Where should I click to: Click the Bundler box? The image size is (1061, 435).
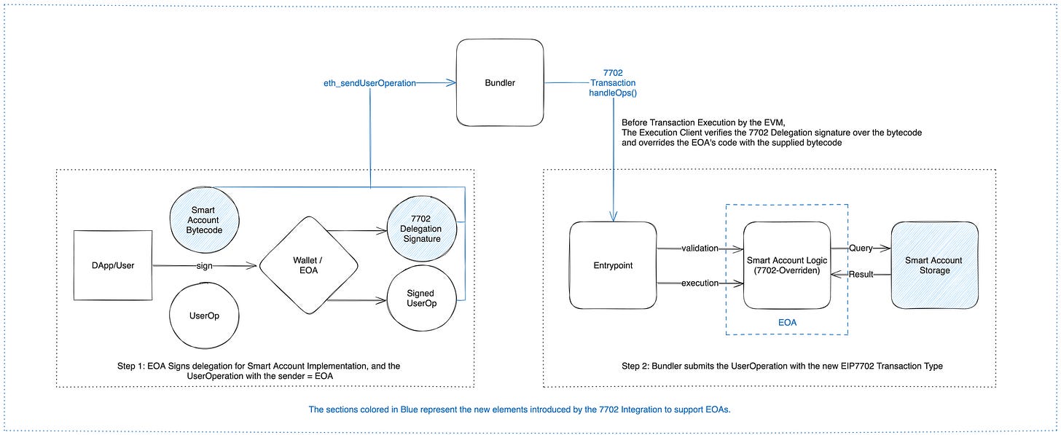(x=500, y=82)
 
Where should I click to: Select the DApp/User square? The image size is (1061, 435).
(x=113, y=265)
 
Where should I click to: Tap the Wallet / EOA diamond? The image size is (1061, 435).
(x=308, y=265)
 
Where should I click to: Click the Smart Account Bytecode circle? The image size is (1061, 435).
(x=204, y=220)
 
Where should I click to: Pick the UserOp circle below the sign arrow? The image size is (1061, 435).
(x=204, y=316)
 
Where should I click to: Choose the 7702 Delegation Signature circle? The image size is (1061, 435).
(x=421, y=228)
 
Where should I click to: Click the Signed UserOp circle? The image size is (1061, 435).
(x=421, y=298)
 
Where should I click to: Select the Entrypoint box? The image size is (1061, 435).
(x=613, y=265)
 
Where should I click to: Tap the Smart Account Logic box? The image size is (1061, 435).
(x=787, y=265)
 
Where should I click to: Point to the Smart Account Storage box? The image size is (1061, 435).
(x=934, y=265)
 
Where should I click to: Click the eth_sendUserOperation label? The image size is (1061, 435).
(x=369, y=83)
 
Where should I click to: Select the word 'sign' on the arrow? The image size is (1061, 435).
(x=204, y=266)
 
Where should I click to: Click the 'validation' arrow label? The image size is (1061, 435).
(x=700, y=248)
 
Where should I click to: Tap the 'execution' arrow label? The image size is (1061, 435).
(x=700, y=283)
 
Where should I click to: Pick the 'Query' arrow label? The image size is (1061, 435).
(x=861, y=248)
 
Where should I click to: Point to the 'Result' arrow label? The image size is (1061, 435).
(x=861, y=275)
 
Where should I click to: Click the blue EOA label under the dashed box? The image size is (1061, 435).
(x=787, y=323)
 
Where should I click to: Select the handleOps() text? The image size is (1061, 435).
(x=613, y=93)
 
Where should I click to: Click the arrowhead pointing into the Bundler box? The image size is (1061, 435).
(x=451, y=83)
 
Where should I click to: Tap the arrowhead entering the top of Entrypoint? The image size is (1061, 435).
(x=614, y=217)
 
